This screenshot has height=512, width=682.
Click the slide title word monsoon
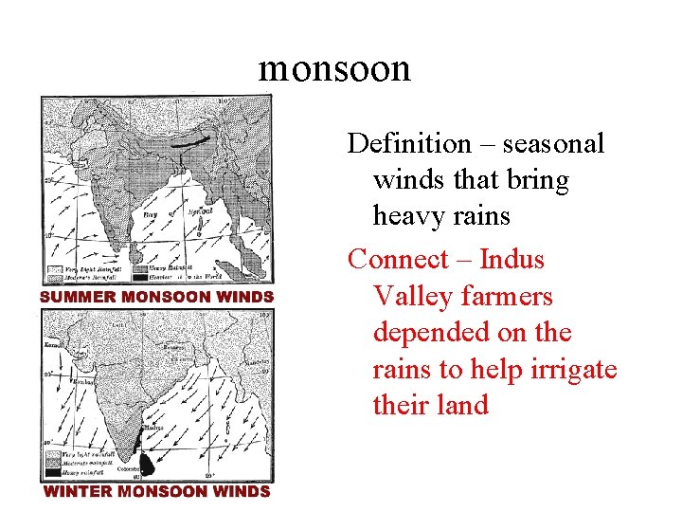334,68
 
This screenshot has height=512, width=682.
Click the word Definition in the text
409,144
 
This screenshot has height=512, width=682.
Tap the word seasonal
554,144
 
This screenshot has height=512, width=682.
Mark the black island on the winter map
146,463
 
